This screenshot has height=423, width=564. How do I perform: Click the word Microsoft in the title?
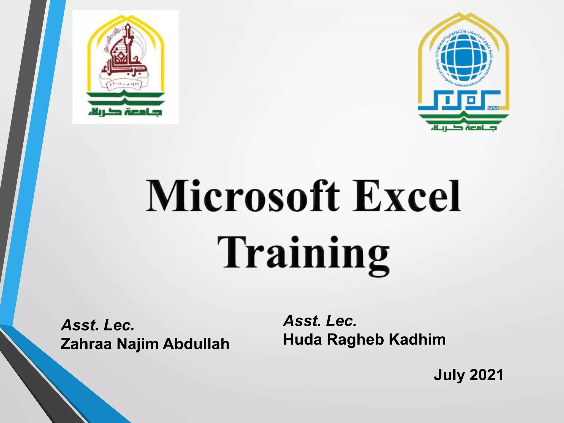[x=242, y=196]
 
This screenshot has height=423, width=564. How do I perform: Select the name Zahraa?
[x=86, y=344]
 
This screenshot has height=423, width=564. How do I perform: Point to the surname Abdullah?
[x=196, y=344]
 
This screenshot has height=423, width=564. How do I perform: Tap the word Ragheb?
[x=356, y=340]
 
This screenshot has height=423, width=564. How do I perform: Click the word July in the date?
[x=449, y=375]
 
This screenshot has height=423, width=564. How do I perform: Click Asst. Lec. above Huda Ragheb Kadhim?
[x=320, y=321]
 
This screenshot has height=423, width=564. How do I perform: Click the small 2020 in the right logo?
[x=493, y=108]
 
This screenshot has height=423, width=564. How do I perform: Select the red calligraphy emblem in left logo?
[x=121, y=55]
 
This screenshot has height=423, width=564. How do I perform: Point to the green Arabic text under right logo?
[x=464, y=127]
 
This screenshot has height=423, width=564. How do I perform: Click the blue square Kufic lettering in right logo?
[x=460, y=101]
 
